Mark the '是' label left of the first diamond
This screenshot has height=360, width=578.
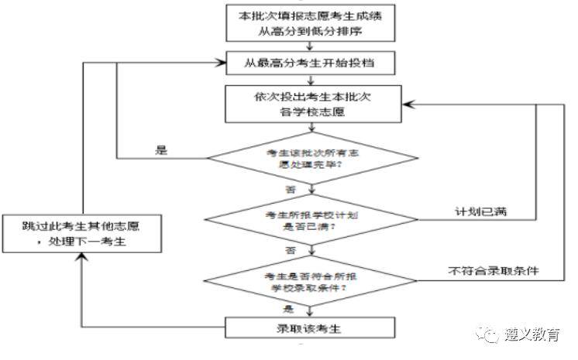pos(162,150)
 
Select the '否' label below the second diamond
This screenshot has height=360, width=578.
pos(292,250)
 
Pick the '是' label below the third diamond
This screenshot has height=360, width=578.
pos(292,307)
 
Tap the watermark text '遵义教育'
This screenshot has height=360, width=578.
pos(532,334)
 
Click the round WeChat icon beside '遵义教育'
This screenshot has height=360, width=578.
pos(490,334)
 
